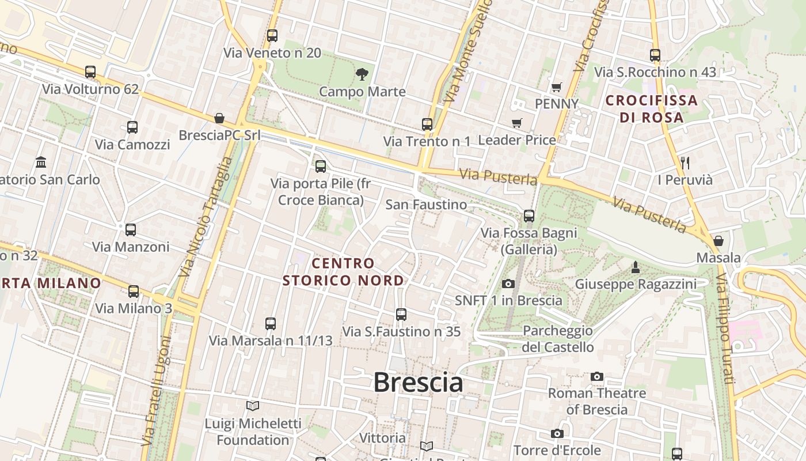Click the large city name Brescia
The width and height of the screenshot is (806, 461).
[418, 383]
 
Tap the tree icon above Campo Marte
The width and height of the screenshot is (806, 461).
[362, 74]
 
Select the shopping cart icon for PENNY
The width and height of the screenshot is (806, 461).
[556, 87]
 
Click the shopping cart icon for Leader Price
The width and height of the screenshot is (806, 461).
[516, 123]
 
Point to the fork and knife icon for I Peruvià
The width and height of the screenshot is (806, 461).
[685, 163]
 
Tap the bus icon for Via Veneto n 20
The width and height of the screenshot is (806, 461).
[272, 36]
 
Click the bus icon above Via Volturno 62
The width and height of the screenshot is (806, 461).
[90, 72]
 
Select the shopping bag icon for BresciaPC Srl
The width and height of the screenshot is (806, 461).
[219, 118]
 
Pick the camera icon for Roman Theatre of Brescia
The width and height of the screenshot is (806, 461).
[597, 376]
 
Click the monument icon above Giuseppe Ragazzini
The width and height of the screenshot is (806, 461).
[636, 267]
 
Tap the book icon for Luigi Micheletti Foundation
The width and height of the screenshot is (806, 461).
[253, 406]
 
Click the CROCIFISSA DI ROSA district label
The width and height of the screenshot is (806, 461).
[652, 109]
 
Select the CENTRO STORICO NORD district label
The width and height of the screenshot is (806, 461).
[343, 272]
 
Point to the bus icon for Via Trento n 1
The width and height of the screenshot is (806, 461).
[427, 124]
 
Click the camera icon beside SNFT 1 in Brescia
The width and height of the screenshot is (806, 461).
[508, 284]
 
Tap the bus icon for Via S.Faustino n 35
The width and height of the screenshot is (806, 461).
[401, 315]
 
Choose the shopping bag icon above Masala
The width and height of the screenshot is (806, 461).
[718, 240]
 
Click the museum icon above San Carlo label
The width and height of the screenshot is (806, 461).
[41, 163]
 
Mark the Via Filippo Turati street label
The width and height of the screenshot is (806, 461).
[725, 328]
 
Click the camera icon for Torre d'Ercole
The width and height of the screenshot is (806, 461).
[557, 433]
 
